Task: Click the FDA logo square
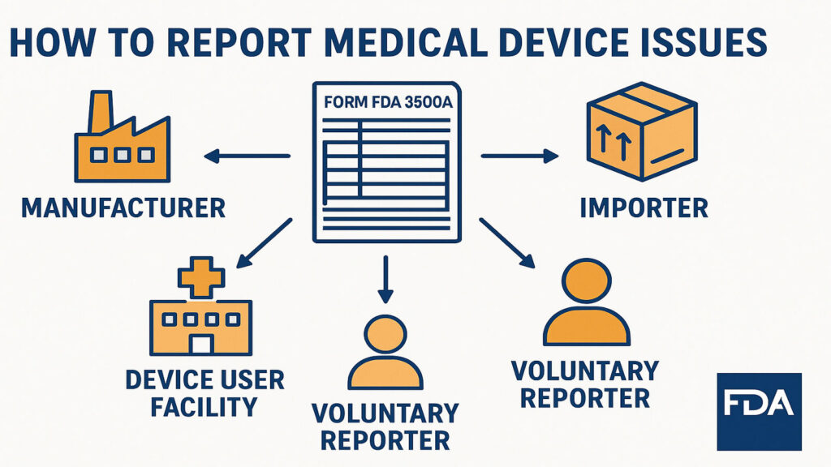point(759,411)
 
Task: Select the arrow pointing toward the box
point(519,156)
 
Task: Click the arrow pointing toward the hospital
point(264,242)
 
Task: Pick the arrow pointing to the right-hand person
point(506,242)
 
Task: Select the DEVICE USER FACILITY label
point(205,392)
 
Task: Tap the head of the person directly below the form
point(385,335)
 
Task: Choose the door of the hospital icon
point(200,344)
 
